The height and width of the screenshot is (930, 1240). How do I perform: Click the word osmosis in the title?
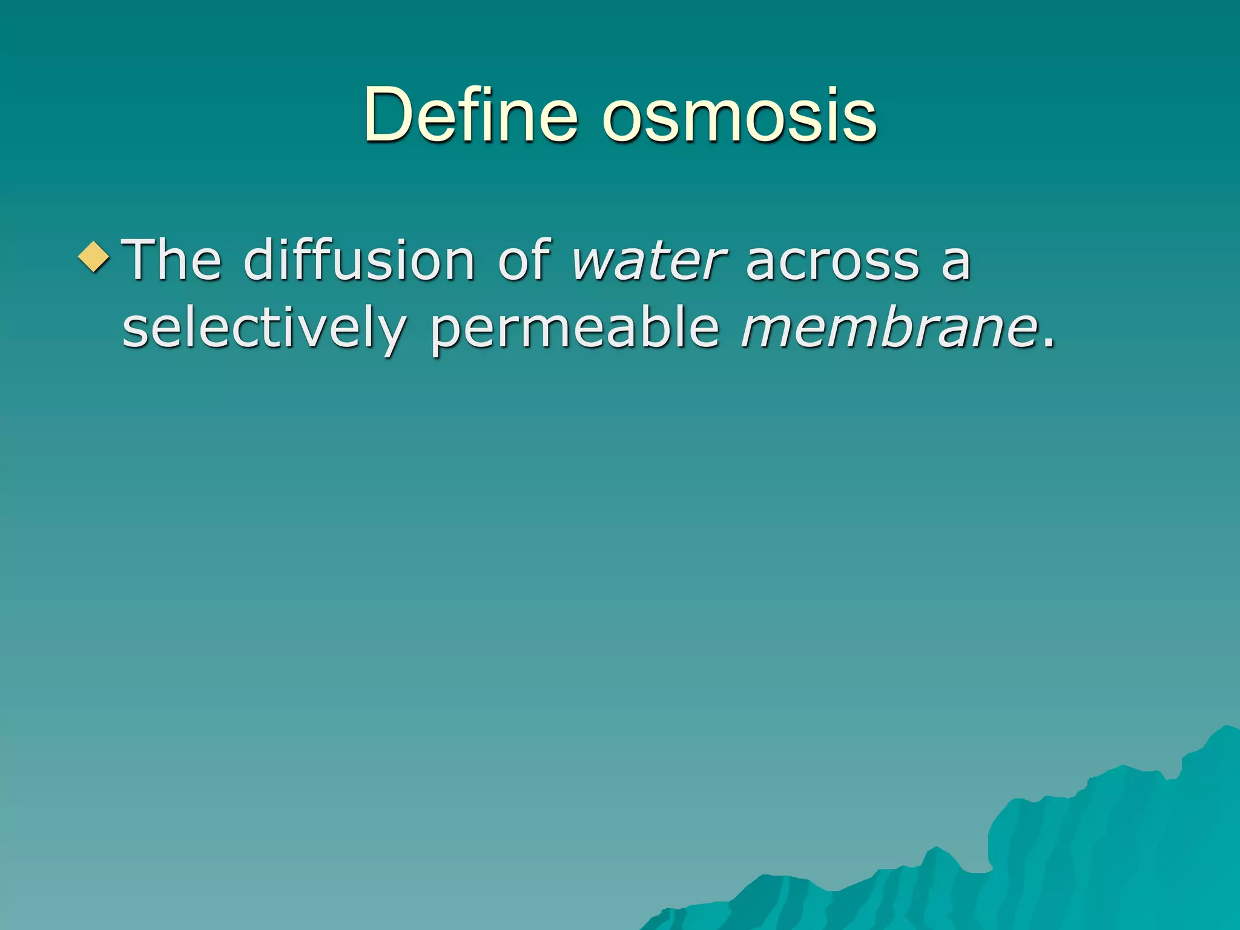739,115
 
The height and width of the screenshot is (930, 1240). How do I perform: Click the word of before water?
524,260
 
